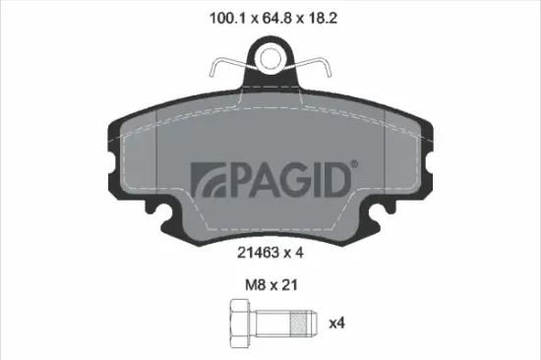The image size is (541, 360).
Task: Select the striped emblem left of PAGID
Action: point(208,178)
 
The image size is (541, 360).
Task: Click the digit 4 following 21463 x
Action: point(297,252)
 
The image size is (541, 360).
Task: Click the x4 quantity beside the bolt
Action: point(339,322)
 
